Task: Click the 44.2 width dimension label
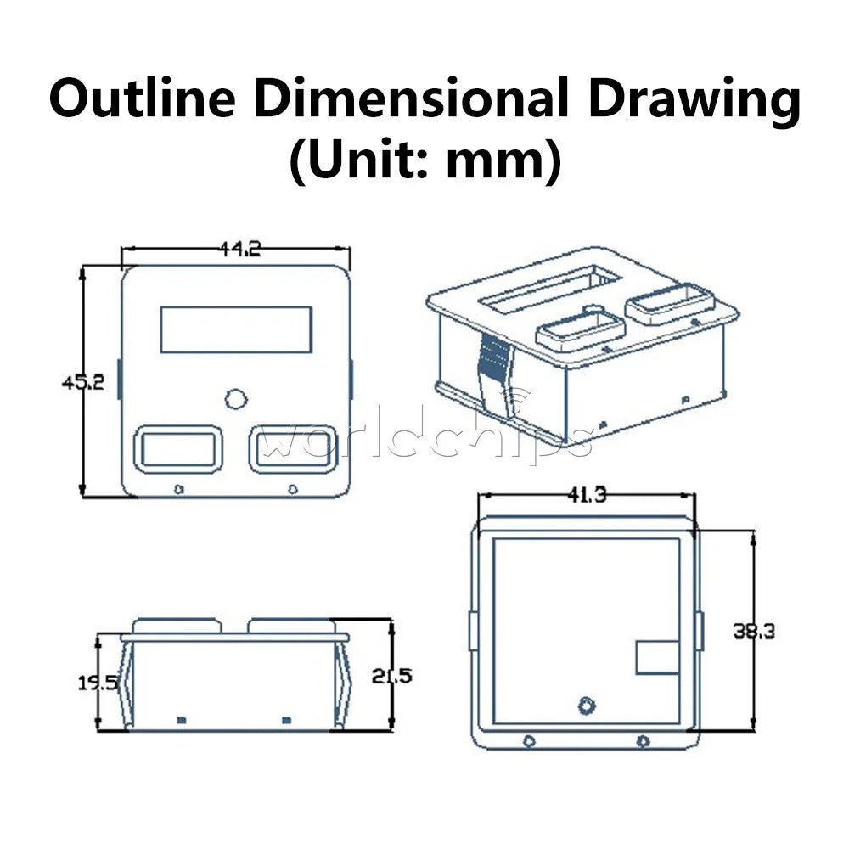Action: click(x=240, y=249)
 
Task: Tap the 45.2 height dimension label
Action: click(x=83, y=382)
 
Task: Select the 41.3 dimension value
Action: click(x=587, y=494)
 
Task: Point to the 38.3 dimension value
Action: click(x=754, y=632)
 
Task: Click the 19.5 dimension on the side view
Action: click(x=98, y=683)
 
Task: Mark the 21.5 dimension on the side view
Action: click(x=391, y=676)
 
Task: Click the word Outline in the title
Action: click(x=143, y=98)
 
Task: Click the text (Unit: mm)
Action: click(x=425, y=160)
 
